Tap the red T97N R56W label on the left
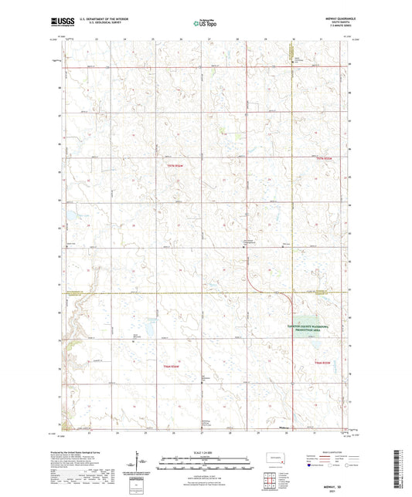coord(175,166)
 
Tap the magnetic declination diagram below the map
coord(138,461)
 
